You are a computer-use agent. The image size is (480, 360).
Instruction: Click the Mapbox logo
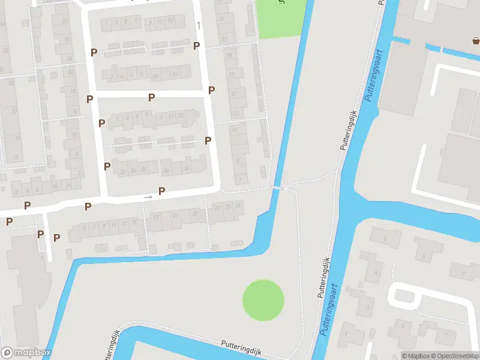click(26, 353)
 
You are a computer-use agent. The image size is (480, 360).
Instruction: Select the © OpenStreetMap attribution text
click(454, 356)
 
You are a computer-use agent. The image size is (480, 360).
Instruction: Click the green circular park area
click(263, 300)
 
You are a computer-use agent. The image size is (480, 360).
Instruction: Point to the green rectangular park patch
click(280, 18)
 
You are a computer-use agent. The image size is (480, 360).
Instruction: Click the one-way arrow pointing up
click(199, 25)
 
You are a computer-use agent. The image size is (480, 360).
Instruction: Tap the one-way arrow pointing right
click(148, 197)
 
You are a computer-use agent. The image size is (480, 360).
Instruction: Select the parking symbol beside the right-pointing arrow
click(161, 191)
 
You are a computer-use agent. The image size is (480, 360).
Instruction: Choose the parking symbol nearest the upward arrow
click(196, 46)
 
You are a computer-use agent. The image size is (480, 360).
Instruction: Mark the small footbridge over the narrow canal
click(277, 188)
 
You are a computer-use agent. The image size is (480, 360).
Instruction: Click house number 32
click(65, 20)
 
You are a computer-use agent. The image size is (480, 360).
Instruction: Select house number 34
click(187, 169)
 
